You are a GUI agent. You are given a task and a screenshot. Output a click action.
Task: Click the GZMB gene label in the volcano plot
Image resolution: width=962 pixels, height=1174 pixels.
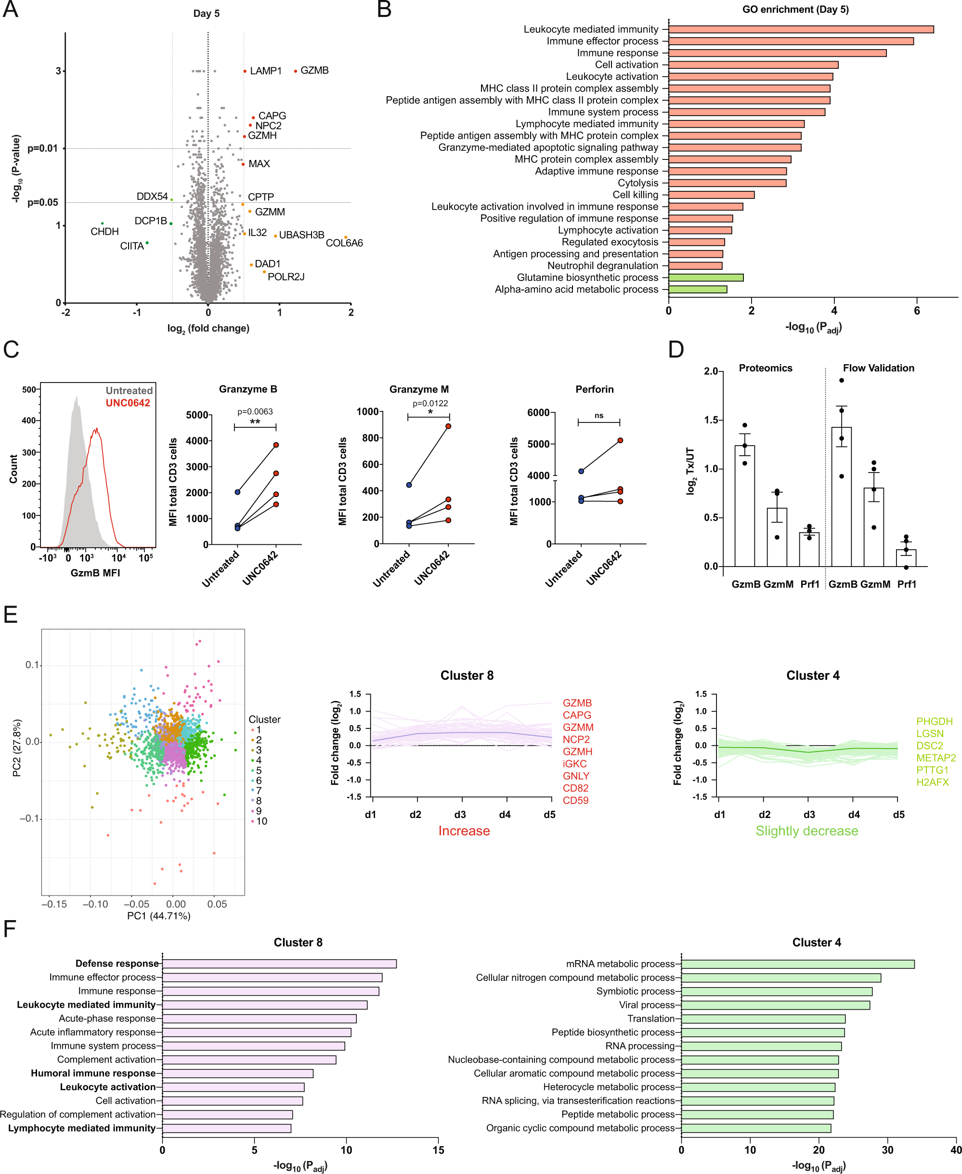[x=314, y=70]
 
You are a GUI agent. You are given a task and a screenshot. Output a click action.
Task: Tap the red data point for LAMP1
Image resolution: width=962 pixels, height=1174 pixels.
[x=245, y=71]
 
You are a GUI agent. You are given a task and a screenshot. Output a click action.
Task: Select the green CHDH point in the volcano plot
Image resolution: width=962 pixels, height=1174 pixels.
[x=103, y=223]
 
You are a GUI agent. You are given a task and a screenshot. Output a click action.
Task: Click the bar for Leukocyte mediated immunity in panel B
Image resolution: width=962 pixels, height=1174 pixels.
[x=800, y=29]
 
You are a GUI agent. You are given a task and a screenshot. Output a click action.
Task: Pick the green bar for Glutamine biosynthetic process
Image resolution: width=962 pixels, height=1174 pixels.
[x=705, y=277]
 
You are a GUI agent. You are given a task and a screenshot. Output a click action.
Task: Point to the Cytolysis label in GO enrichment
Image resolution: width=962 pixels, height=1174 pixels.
[x=638, y=183]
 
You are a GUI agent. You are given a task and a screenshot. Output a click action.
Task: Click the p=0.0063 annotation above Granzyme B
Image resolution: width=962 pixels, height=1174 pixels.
[x=255, y=411]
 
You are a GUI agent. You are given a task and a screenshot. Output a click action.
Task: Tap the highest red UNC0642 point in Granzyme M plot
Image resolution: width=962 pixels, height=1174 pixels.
[x=448, y=426]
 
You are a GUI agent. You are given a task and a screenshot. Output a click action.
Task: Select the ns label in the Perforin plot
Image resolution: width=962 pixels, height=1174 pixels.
[x=598, y=415]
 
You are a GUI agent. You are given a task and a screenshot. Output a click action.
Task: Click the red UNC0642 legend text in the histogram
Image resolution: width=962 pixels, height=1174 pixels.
[x=128, y=403]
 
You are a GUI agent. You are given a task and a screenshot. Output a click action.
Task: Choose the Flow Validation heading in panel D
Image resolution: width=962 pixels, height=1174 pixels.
[x=878, y=368]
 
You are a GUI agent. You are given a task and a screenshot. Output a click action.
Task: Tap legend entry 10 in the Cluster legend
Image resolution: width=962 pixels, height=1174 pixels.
[x=261, y=821]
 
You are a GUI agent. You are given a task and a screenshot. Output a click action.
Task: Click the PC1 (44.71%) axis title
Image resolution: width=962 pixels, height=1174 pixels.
[x=158, y=916]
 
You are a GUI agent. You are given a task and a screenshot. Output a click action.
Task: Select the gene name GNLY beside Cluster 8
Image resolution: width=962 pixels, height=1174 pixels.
[x=576, y=776]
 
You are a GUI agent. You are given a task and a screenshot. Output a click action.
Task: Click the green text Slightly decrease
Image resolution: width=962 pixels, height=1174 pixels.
[x=806, y=831]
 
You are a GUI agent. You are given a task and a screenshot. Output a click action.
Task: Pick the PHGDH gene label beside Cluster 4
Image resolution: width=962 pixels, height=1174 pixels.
[x=934, y=721]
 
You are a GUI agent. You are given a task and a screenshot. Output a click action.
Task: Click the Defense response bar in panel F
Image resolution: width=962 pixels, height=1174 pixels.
[x=279, y=963]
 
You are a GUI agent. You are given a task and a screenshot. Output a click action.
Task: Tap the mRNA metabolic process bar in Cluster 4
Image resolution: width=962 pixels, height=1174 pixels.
[x=797, y=964]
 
